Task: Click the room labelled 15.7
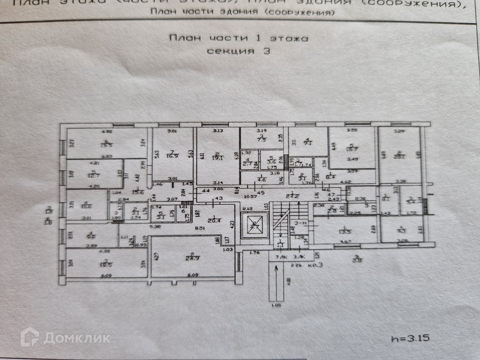352,148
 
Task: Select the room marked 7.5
262,139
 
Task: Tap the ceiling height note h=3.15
410,338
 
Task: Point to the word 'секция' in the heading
230,51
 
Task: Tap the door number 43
219,198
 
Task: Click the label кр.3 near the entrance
315,265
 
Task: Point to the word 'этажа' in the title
289,38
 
